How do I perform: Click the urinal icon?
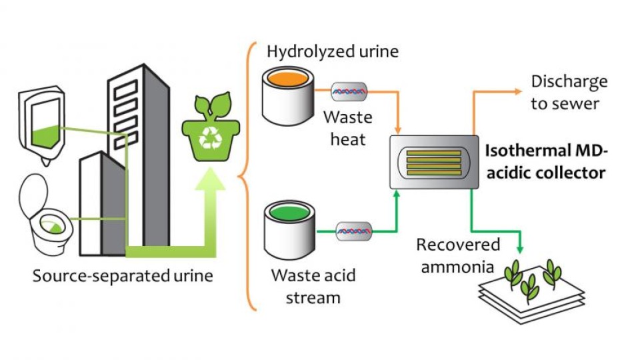pos(41,125)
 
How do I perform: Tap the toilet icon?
pos(45,215)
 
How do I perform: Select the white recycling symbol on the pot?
pos(211,137)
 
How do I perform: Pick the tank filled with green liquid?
pos(289,230)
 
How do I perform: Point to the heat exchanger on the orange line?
pos(349,92)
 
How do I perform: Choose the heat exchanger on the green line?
pos(354,231)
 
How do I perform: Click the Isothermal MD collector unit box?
pos(434,162)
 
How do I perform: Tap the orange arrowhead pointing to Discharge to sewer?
pos(518,91)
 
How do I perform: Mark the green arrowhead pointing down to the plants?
pos(519,249)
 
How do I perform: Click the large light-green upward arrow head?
pos(210,179)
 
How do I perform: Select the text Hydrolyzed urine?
pos(333,52)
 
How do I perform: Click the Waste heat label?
pos(348,128)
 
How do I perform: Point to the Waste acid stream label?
pos(313,286)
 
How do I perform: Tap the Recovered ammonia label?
pos(458,255)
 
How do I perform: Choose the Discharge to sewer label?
pos(569,93)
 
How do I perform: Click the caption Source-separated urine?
pos(123,276)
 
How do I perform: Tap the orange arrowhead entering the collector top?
pos(398,130)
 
